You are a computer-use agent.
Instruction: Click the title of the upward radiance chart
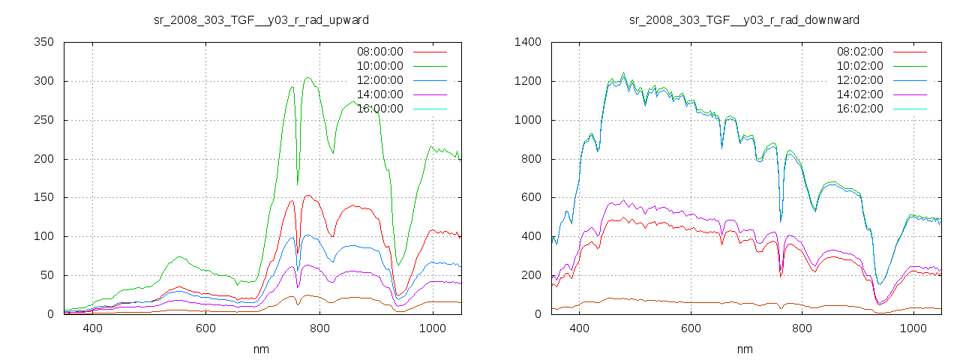261,19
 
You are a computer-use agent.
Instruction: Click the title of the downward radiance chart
744,19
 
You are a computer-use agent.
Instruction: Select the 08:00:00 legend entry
379,52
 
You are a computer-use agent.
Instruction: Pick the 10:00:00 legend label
379,66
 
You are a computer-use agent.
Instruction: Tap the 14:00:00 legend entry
379,94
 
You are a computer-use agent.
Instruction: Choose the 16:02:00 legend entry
859,109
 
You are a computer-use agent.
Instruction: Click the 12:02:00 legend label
859,80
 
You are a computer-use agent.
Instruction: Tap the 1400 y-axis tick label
526,42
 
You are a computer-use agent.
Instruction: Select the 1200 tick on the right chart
526,81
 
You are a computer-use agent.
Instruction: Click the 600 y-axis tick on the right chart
529,197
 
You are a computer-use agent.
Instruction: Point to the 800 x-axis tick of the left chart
319,328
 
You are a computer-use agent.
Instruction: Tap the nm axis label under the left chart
261,349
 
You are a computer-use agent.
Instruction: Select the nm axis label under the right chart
744,349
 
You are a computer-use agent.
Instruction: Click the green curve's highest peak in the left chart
308,77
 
